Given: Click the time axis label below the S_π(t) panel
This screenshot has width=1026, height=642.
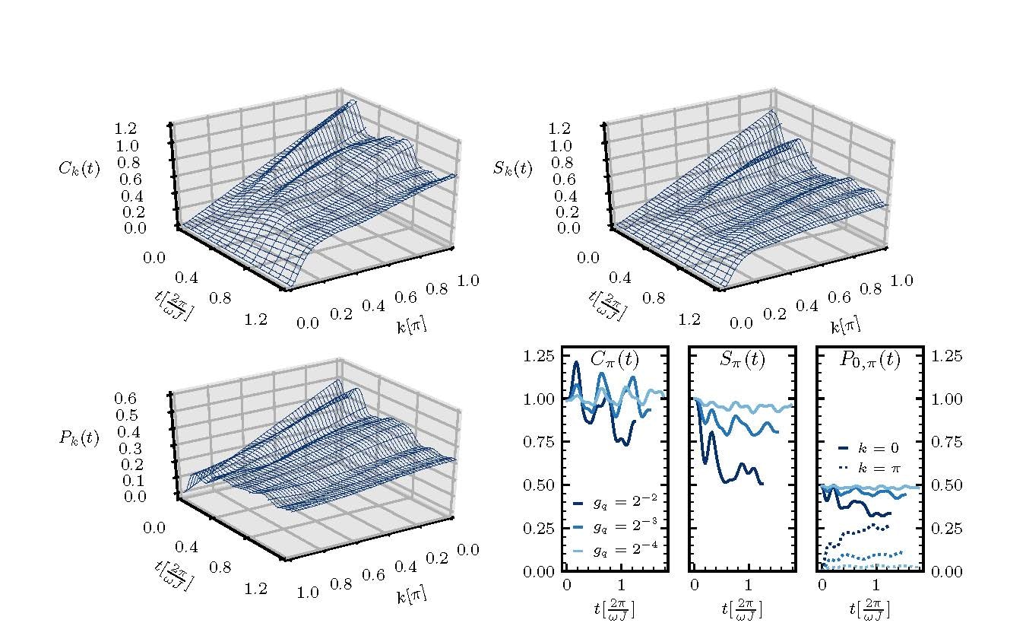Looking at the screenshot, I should pyautogui.click(x=742, y=608).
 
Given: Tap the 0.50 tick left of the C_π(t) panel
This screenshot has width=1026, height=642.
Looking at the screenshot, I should pyautogui.click(x=541, y=485).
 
